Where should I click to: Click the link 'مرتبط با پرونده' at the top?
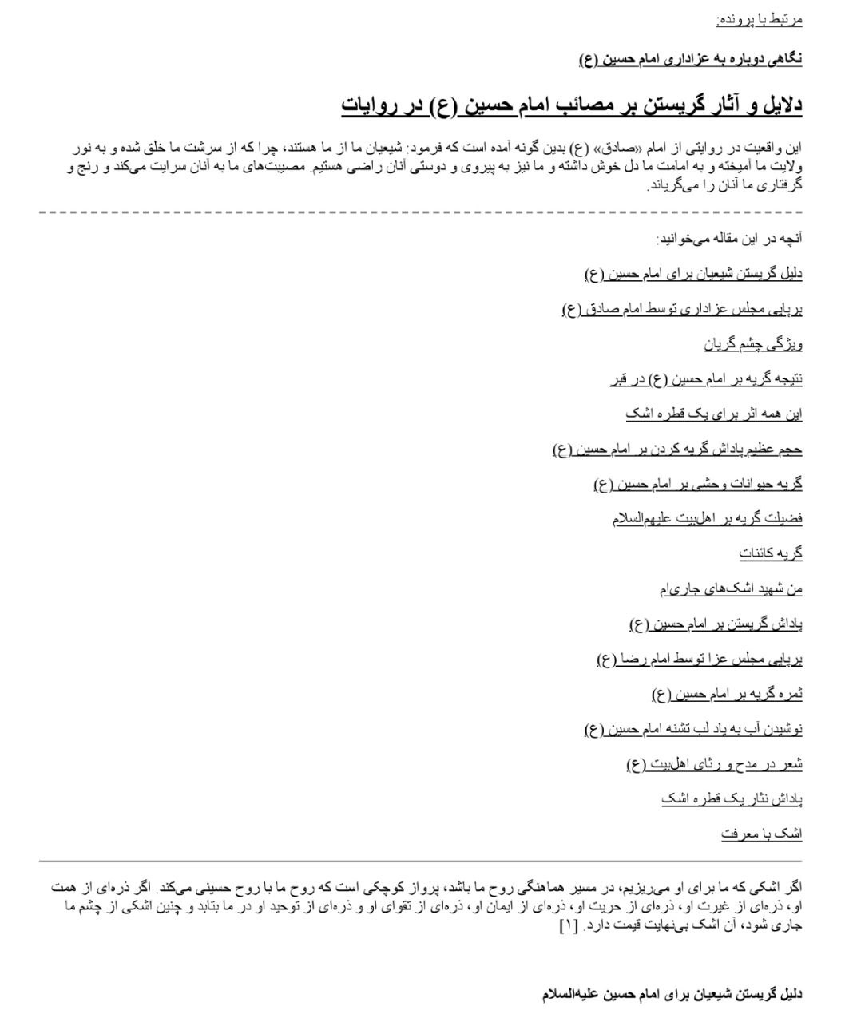(759, 19)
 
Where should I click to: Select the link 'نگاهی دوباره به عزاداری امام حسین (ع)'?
(691, 58)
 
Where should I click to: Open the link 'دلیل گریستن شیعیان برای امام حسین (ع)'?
(693, 275)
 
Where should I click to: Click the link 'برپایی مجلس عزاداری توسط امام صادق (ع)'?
(682, 310)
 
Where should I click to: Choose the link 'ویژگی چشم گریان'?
(752, 344)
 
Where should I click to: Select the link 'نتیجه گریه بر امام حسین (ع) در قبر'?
(706, 379)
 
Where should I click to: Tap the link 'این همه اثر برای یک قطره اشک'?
(713, 414)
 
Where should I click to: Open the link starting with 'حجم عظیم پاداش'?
(677, 450)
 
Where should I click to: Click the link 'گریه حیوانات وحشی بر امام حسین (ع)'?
(698, 484)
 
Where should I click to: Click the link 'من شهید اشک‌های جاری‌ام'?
(730, 588)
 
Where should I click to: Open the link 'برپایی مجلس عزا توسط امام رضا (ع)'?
(700, 659)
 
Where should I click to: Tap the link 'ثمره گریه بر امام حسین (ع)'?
(727, 694)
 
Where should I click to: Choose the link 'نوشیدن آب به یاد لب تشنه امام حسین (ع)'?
(693, 729)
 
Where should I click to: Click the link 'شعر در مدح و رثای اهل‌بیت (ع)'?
(714, 764)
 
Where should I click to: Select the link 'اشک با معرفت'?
(761, 834)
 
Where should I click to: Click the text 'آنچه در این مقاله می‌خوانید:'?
(728, 239)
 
